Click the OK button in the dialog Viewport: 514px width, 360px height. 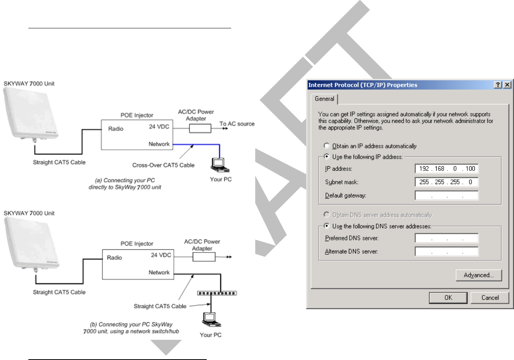click(x=448, y=298)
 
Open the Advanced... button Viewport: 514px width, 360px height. click(x=479, y=275)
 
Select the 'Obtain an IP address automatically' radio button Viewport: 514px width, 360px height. click(x=327, y=146)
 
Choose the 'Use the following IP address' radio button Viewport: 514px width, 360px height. click(x=327, y=157)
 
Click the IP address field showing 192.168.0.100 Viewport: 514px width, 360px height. click(x=446, y=169)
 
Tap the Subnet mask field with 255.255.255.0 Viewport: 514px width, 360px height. click(x=446, y=182)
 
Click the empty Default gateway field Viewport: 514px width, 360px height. click(x=446, y=195)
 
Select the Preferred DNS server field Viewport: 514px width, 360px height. click(x=446, y=238)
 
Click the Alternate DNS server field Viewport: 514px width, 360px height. click(x=446, y=251)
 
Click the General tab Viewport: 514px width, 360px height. click(x=324, y=99)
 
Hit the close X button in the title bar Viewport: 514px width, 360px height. click(x=507, y=85)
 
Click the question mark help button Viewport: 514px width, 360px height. click(x=498, y=85)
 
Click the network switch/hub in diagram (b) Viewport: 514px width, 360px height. click(x=217, y=293)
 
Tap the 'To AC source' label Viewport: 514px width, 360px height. click(x=237, y=124)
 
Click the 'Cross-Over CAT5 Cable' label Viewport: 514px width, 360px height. click(x=163, y=165)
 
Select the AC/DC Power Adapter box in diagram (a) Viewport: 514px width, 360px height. click(x=200, y=128)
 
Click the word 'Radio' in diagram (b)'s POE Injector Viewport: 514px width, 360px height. click(x=114, y=257)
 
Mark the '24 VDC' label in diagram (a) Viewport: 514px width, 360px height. click(x=159, y=127)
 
